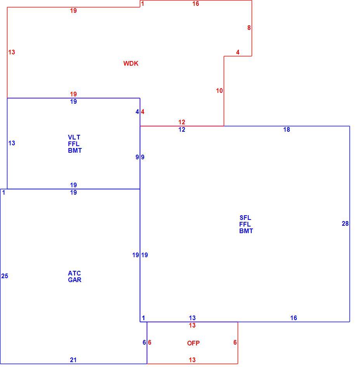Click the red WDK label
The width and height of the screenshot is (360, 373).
pyautogui.click(x=131, y=63)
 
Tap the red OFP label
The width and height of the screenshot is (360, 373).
pyautogui.click(x=193, y=343)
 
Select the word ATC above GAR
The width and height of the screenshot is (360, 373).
pyautogui.click(x=75, y=273)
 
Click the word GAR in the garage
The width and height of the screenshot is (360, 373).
pyautogui.click(x=75, y=280)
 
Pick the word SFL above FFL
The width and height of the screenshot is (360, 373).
pyautogui.click(x=245, y=218)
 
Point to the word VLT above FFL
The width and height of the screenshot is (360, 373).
pyautogui.click(x=74, y=137)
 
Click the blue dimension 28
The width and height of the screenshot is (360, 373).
pyautogui.click(x=345, y=224)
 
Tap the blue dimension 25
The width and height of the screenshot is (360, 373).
pyautogui.click(x=5, y=276)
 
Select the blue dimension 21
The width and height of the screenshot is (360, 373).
pyautogui.click(x=73, y=360)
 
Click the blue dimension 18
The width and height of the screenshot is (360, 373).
pyautogui.click(x=287, y=129)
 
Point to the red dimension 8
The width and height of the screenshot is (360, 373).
pyautogui.click(x=249, y=28)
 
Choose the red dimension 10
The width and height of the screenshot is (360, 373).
pyautogui.click(x=219, y=91)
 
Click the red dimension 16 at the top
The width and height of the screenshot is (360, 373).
pyautogui.click(x=196, y=3)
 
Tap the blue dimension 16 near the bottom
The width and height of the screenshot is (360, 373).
pyautogui.click(x=294, y=318)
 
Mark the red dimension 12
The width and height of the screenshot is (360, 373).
pyautogui.click(x=182, y=122)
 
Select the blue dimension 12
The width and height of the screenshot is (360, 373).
pyautogui.click(x=182, y=129)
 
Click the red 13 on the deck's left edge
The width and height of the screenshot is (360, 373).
pyautogui.click(x=12, y=52)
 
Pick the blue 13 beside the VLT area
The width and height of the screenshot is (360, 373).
pyautogui.click(x=12, y=143)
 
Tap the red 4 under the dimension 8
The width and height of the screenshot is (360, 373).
pyautogui.click(x=238, y=52)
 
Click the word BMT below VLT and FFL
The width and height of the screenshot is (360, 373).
pyautogui.click(x=75, y=151)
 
